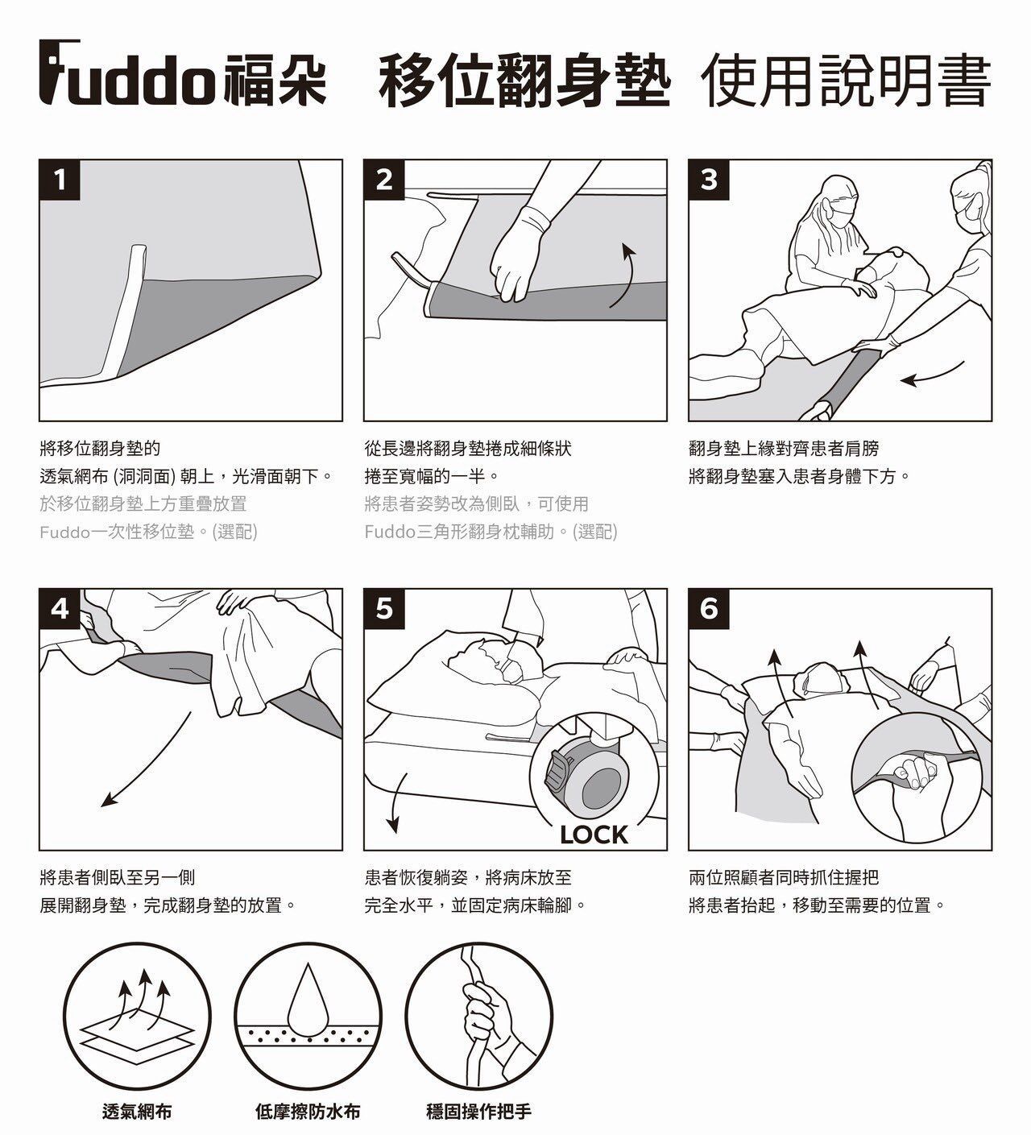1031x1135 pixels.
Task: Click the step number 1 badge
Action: pyautogui.click(x=60, y=180)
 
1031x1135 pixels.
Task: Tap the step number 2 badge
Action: pyautogui.click(x=384, y=180)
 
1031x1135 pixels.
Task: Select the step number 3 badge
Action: pyautogui.click(x=709, y=180)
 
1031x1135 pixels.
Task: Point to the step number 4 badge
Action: pyautogui.click(x=60, y=609)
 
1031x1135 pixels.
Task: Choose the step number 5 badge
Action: pyautogui.click(x=384, y=609)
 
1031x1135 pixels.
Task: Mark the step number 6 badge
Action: pyautogui.click(x=709, y=609)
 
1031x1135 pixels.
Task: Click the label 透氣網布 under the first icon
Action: pyautogui.click(x=137, y=1111)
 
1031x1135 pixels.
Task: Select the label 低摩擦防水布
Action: pyautogui.click(x=308, y=1111)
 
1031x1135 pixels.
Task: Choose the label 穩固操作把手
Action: pyautogui.click(x=478, y=1111)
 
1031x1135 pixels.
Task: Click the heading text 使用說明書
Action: pyautogui.click(x=846, y=80)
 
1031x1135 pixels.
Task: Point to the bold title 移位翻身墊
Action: pyautogui.click(x=524, y=80)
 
